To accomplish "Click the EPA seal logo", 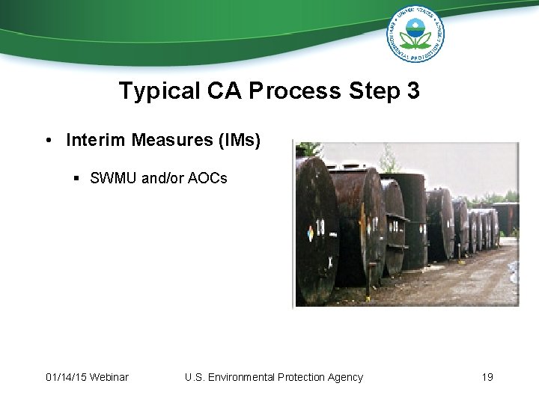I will (415, 34).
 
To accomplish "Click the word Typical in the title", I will (152, 91).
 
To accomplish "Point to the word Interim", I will (90, 140).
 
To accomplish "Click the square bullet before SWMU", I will (76, 179).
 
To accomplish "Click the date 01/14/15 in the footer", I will (65, 377).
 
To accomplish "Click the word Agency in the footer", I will (344, 377).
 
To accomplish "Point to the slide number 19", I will (487, 377).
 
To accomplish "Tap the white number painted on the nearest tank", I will (320, 225).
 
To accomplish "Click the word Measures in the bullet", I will (160, 140).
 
